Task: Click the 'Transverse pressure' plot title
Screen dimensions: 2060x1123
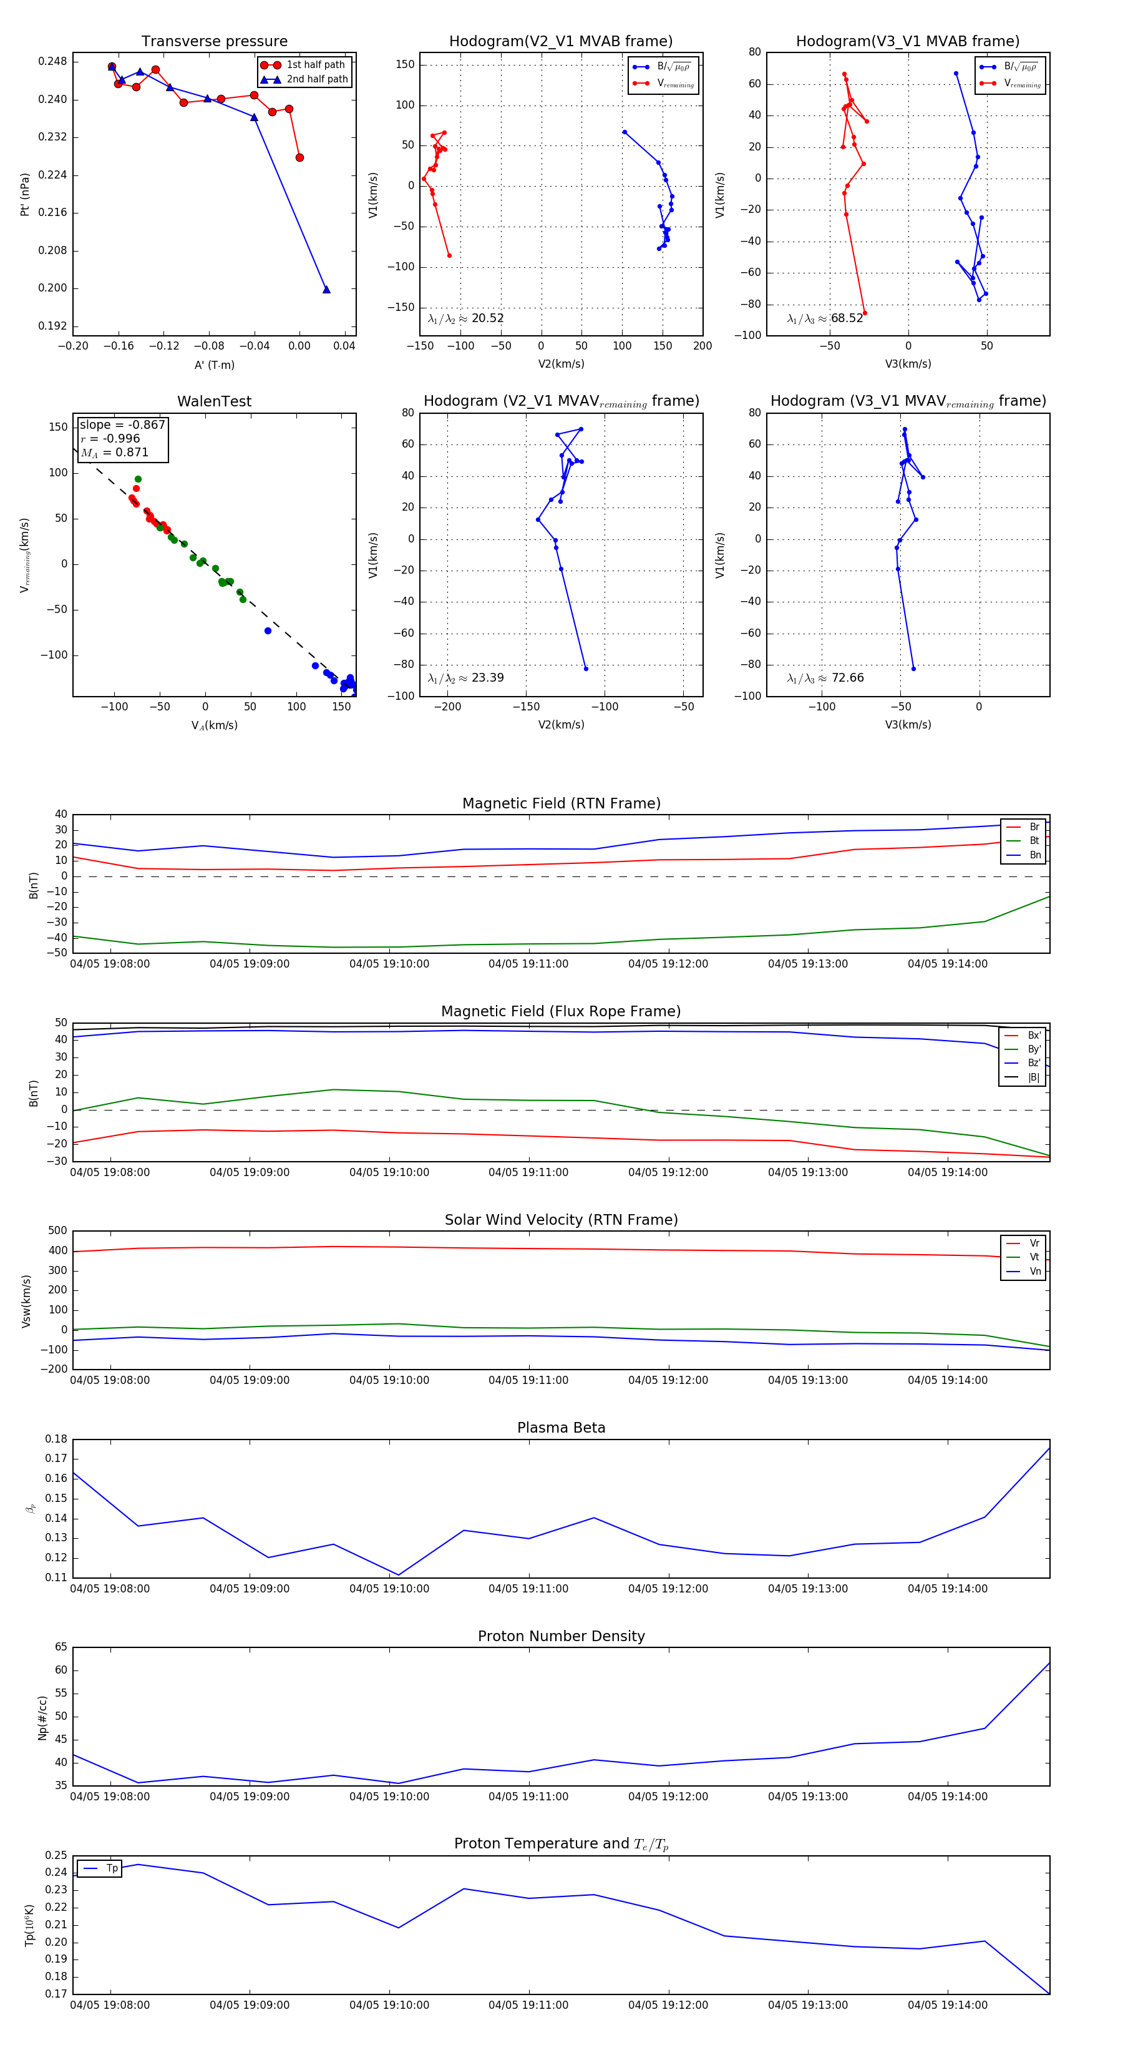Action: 214,42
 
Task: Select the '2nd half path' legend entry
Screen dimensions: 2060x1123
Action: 316,79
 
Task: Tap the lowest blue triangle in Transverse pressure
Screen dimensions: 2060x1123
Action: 326,290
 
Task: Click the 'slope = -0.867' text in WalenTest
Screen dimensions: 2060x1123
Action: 122,424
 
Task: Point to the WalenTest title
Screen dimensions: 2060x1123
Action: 214,401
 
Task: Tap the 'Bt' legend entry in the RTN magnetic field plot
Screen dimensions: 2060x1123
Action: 1034,840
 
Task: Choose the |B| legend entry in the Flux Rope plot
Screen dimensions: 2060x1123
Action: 1034,1077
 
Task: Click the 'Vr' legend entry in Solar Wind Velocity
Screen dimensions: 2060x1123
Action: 1034,1243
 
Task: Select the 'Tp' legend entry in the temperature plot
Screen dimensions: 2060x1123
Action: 112,1868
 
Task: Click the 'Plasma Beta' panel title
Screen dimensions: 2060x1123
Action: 561,1428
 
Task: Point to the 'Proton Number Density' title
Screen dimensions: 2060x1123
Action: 561,1636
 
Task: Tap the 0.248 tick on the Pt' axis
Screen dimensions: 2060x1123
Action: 53,62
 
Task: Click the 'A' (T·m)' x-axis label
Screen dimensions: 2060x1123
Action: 214,365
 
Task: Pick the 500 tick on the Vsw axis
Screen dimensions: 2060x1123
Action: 57,1231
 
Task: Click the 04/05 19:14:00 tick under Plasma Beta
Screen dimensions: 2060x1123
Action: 947,1589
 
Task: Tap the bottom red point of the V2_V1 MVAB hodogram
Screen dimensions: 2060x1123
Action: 449,255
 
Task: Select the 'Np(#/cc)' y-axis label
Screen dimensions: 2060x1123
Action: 42,1718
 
